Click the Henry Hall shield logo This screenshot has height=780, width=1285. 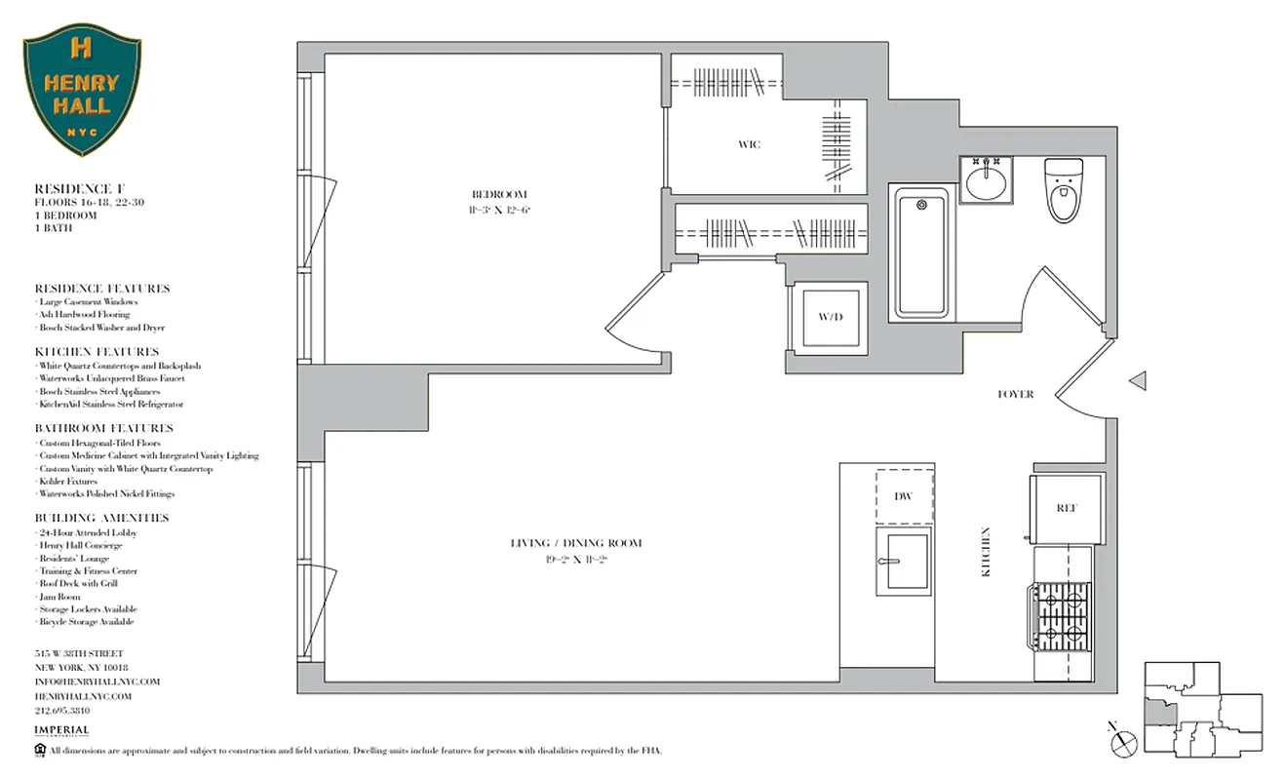82,91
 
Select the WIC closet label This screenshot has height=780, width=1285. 749,145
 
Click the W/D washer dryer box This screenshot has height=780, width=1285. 829,318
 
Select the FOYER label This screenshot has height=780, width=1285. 1015,394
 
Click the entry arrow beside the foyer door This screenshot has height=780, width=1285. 1137,381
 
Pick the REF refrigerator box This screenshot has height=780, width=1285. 1066,508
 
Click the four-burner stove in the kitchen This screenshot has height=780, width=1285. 1064,616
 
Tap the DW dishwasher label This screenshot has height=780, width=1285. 904,496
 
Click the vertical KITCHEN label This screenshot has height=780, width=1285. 986,553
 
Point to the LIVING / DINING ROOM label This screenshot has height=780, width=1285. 576,543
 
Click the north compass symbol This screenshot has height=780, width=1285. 1123,742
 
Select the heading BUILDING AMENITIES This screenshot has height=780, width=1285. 101,518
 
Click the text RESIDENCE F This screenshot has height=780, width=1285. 81,188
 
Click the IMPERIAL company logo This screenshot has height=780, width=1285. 61,730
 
